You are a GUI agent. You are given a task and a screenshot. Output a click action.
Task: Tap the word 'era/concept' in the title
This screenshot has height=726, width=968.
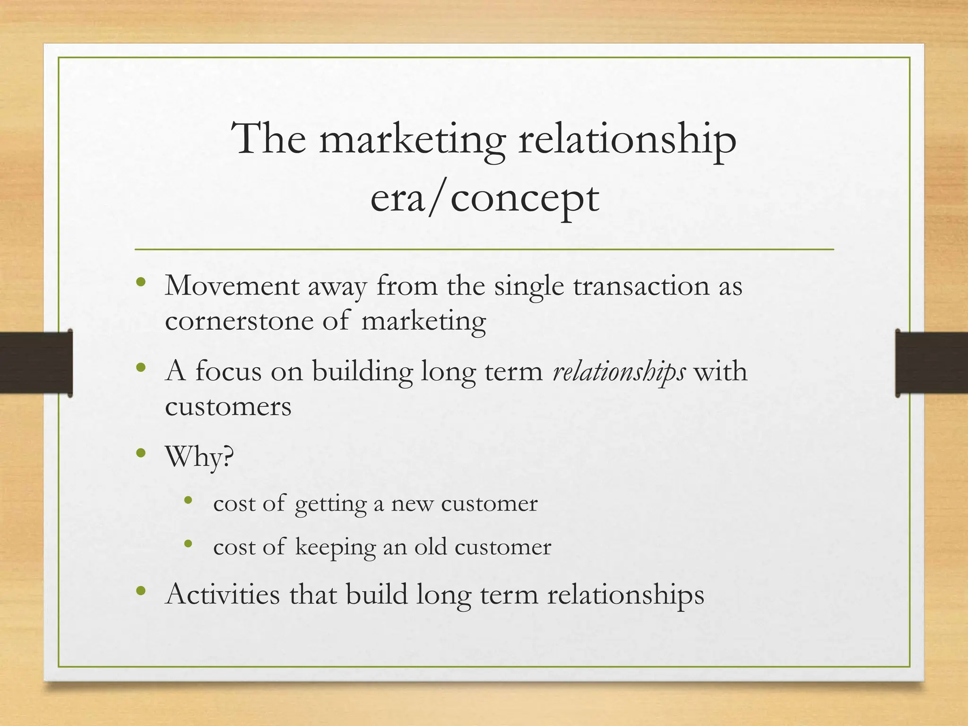click(484, 199)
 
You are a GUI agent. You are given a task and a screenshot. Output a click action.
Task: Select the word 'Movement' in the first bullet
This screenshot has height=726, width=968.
click(232, 286)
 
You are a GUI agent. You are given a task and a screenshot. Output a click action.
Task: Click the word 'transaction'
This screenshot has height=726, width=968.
click(641, 286)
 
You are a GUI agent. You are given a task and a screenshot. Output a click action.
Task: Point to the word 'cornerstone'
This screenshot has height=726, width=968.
click(239, 321)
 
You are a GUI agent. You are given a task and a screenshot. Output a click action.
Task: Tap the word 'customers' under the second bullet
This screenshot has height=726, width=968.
click(228, 406)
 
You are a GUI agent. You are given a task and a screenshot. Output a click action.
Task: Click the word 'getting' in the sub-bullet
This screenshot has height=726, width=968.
click(330, 504)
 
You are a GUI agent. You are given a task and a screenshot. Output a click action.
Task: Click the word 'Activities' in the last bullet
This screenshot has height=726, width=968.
click(223, 595)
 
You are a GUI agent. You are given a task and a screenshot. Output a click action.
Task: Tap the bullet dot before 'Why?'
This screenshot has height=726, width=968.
click(140, 454)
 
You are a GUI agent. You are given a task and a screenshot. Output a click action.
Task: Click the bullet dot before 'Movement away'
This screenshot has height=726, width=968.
click(140, 283)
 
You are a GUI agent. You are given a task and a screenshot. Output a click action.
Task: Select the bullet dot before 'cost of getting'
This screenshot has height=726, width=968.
click(189, 501)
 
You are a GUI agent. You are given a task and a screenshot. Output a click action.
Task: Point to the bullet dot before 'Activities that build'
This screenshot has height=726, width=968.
click(140, 591)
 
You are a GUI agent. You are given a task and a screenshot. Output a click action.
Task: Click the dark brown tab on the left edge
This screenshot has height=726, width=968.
click(36, 363)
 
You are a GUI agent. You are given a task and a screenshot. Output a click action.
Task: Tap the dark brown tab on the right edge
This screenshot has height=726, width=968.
click(932, 363)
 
